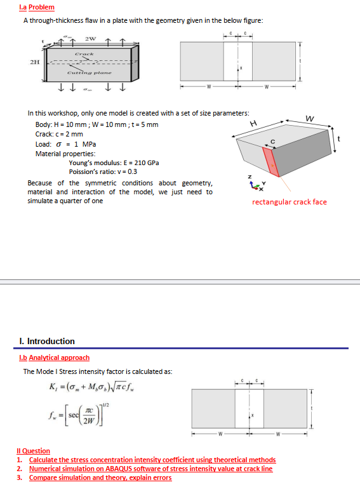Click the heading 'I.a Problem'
37,7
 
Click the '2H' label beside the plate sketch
34,62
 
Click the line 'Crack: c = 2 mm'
59,134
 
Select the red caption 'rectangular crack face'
289,202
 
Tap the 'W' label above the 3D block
309,118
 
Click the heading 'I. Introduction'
48,341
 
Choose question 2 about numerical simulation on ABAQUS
150,469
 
